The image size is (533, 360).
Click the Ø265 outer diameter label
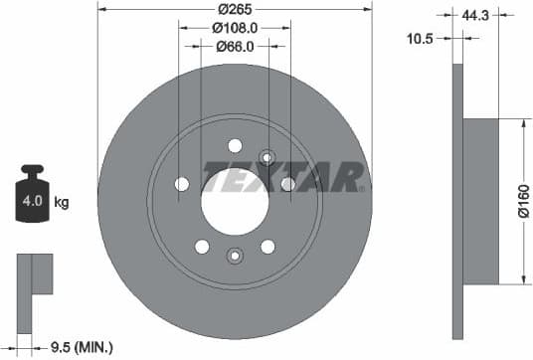coord(235,10)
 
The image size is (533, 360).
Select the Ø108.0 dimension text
coord(235,28)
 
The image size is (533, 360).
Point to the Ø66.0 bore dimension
coord(235,46)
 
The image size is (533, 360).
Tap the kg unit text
coord(62,203)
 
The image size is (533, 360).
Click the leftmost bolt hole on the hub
coord(182,184)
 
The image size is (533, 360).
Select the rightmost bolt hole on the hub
coord(287,184)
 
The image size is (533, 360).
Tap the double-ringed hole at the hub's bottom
coord(235,255)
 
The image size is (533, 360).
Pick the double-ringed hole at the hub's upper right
coord(266,155)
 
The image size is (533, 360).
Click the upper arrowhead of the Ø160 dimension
coord(523,124)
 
